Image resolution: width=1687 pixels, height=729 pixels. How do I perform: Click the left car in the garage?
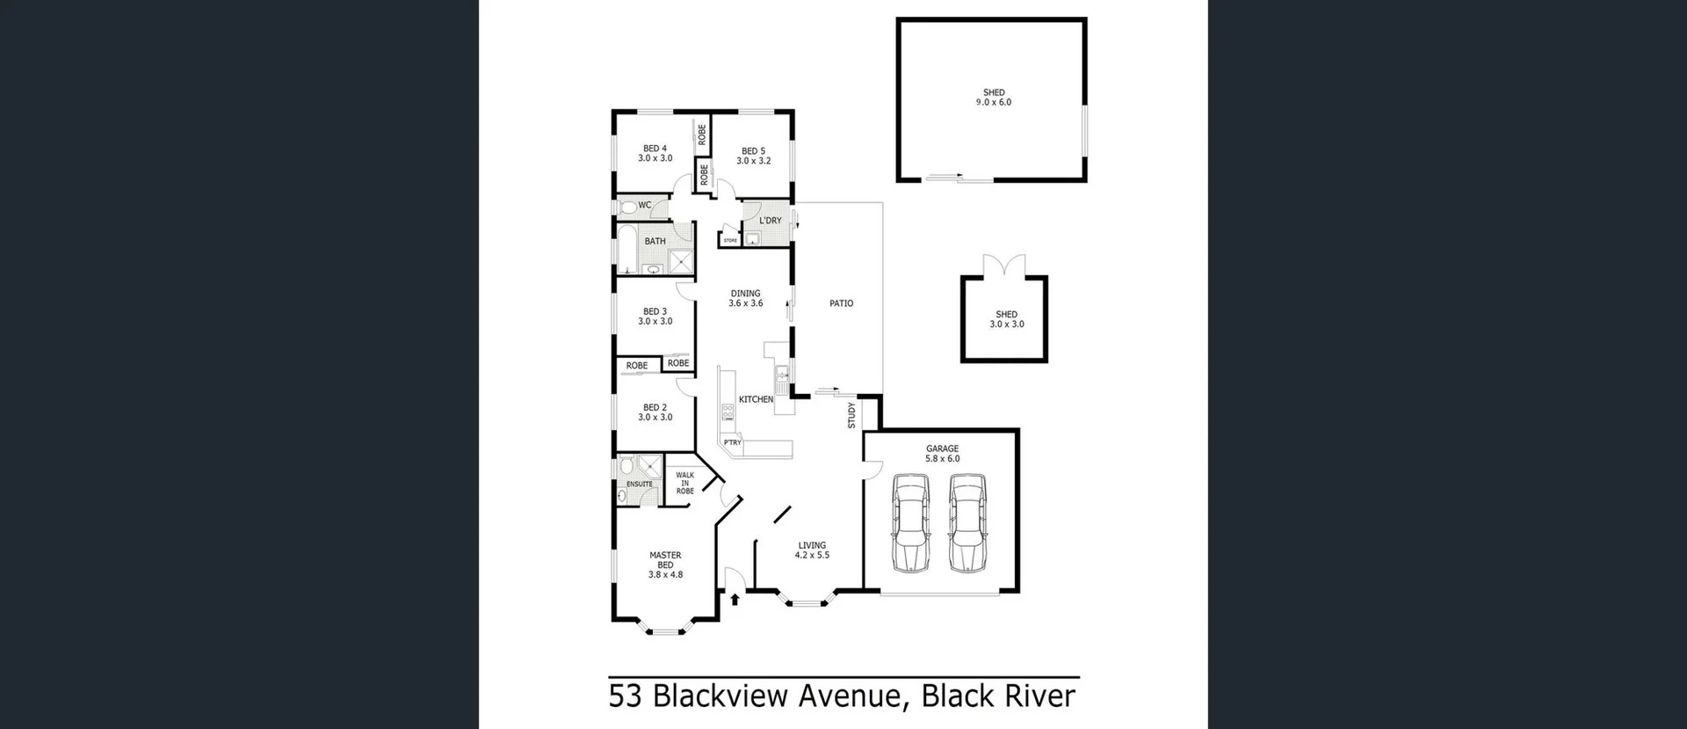pyautogui.click(x=911, y=523)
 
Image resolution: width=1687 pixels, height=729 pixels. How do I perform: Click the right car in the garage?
pyautogui.click(x=967, y=523)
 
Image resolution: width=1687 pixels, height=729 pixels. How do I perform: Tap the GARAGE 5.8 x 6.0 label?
pyautogui.click(x=942, y=454)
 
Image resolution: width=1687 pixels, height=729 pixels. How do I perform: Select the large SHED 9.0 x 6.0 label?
pyautogui.click(x=994, y=97)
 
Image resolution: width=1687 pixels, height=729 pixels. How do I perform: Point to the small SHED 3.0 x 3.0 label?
pyautogui.click(x=1006, y=319)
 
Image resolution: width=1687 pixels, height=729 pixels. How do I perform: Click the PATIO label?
pyautogui.click(x=841, y=303)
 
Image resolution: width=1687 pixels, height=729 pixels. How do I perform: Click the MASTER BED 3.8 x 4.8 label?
pyautogui.click(x=665, y=565)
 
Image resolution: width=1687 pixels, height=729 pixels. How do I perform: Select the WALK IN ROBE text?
pyautogui.click(x=684, y=483)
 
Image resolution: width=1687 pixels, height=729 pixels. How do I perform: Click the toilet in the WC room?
pyautogui.click(x=627, y=208)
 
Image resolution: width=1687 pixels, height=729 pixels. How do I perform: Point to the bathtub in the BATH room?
pyautogui.click(x=626, y=249)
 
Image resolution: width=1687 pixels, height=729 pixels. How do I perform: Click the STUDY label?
pyautogui.click(x=851, y=415)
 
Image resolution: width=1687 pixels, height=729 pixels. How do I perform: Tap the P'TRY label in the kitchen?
pyautogui.click(x=732, y=442)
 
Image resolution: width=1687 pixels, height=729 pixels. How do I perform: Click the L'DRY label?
pyautogui.click(x=770, y=221)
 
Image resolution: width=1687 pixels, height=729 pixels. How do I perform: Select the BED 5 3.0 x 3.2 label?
pyautogui.click(x=753, y=156)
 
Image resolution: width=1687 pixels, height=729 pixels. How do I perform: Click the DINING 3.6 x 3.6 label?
pyautogui.click(x=745, y=298)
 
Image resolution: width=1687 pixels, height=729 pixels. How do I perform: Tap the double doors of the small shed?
pyautogui.click(x=1004, y=265)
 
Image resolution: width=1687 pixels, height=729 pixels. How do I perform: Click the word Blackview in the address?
pyautogui.click(x=722, y=696)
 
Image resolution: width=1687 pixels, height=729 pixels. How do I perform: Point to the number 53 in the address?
pyautogui.click(x=625, y=696)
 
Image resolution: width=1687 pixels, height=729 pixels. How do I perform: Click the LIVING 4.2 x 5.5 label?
pyautogui.click(x=812, y=550)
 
